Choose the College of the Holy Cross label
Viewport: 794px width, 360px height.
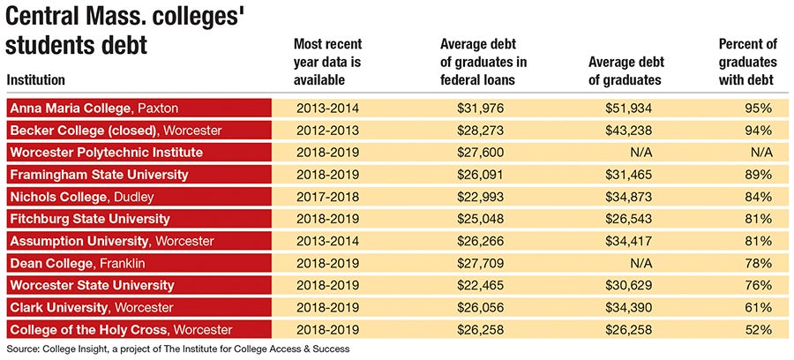[121, 330]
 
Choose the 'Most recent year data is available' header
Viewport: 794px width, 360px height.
[327, 62]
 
